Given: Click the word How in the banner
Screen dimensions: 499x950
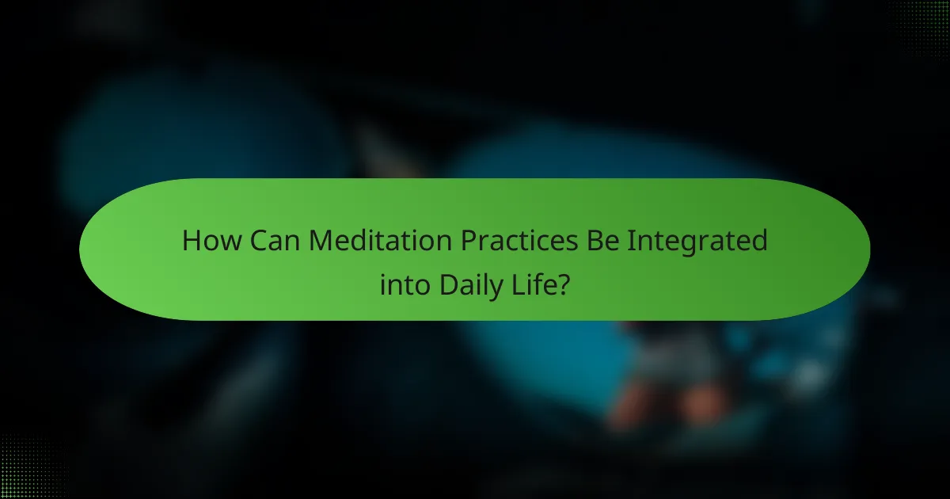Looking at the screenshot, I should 213,241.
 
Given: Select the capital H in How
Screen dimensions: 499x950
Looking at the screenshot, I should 191,241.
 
